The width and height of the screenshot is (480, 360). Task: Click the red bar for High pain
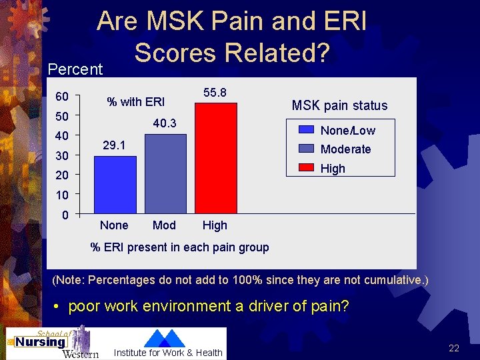[x=215, y=158]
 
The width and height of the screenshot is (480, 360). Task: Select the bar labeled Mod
[x=165, y=173]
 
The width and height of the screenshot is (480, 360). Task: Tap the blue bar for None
[x=115, y=185]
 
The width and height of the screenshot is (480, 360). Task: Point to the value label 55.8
[x=215, y=93]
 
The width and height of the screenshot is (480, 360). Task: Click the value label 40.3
[x=165, y=124]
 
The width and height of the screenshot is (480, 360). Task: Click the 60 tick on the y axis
[x=61, y=96]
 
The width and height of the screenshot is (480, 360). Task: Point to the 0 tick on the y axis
[x=65, y=215]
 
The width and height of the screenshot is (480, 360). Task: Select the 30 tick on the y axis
[x=61, y=156]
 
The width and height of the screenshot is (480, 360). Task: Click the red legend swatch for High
[x=306, y=167]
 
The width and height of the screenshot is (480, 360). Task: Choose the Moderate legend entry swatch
[x=306, y=149]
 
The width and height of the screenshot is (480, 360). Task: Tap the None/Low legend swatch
[x=306, y=130]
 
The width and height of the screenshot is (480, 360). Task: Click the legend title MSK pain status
[x=339, y=105]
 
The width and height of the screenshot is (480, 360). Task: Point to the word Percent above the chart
[x=75, y=69]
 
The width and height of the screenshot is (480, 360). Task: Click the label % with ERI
[x=136, y=102]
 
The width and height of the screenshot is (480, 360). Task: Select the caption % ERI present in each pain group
[x=179, y=247]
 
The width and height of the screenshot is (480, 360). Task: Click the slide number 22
[x=454, y=348]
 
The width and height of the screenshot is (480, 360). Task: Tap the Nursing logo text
[x=41, y=342]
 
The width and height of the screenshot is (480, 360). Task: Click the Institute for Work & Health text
[x=168, y=353]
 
